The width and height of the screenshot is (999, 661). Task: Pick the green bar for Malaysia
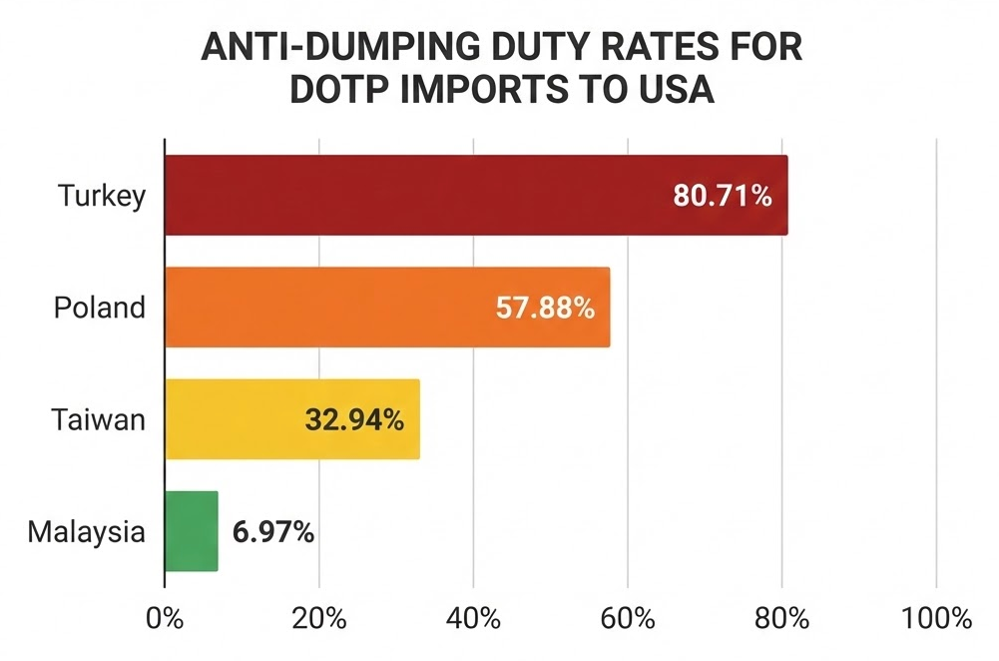(191, 531)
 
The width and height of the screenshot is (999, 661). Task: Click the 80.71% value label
(723, 196)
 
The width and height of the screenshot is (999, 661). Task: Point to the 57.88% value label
(545, 308)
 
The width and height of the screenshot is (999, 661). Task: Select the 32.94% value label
(353, 419)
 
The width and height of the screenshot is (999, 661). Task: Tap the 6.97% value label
(273, 532)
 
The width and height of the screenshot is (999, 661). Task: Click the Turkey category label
(102, 196)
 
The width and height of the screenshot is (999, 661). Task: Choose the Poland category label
(99, 308)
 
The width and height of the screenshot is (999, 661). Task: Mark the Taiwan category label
(99, 419)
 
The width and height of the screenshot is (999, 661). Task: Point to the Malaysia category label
(86, 532)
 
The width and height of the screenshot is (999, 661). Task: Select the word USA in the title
(676, 89)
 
